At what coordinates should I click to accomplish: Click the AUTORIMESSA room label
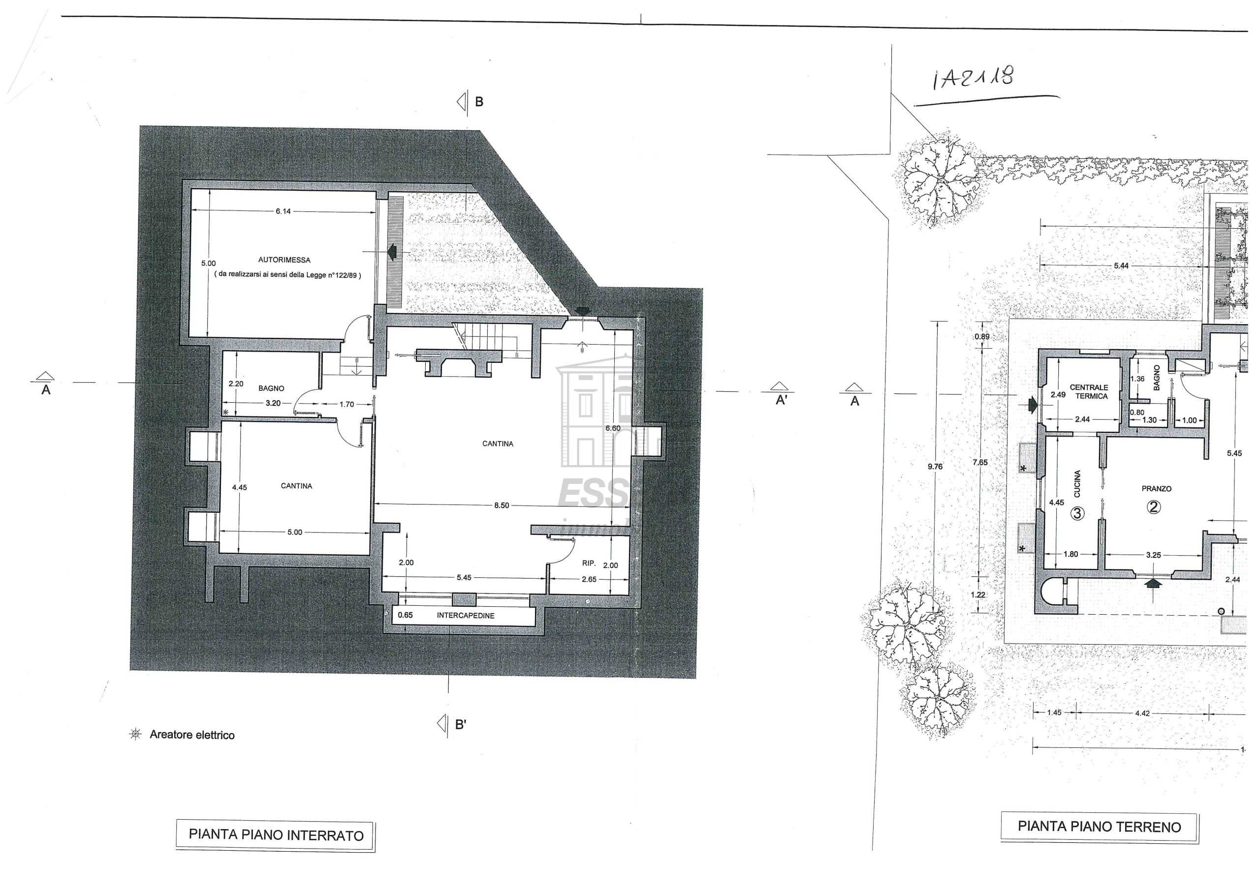[x=284, y=260]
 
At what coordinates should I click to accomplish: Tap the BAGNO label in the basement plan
[x=271, y=388]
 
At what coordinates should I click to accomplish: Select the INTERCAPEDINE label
[x=466, y=615]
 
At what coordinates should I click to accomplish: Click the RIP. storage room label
[x=589, y=563]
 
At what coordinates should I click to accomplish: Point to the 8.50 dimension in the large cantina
[x=502, y=505]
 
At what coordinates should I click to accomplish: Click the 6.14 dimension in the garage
[x=283, y=211]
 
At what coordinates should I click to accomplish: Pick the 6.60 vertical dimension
[x=612, y=428]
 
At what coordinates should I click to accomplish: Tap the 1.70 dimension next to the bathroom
[x=346, y=405]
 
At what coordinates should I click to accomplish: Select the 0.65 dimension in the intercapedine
[x=405, y=615]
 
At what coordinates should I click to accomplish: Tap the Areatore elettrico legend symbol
[x=135, y=734]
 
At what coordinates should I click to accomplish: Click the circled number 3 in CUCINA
[x=1077, y=513]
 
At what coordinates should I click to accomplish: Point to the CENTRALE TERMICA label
[x=1089, y=391]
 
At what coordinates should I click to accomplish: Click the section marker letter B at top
[x=478, y=101]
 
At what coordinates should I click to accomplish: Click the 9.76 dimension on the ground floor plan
[x=935, y=467]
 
